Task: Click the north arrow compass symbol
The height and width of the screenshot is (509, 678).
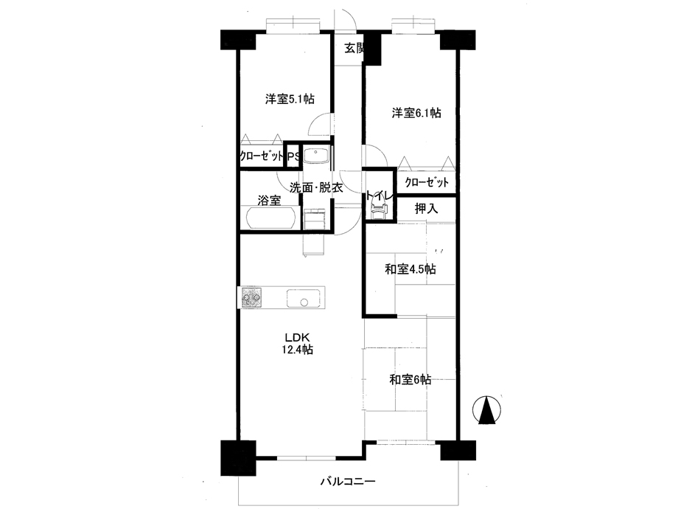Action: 486,410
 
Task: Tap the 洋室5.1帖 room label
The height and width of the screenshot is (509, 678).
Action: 290,99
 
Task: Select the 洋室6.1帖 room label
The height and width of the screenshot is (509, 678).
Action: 416,114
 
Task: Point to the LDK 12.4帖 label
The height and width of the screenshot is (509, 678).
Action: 298,343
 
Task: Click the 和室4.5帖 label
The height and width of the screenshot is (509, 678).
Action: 410,269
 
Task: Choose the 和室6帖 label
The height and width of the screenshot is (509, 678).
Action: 410,380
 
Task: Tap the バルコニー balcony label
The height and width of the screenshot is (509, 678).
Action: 348,481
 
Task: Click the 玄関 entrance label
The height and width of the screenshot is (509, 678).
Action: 354,48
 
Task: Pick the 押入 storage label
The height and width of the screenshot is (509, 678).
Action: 427,209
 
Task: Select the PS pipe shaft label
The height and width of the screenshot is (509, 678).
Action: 293,156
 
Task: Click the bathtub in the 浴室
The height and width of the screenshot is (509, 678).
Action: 272,218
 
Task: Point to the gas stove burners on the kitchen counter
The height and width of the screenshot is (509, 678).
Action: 251,298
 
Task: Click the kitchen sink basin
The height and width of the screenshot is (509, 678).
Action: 303,298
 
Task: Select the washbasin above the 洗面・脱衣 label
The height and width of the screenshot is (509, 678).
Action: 317,154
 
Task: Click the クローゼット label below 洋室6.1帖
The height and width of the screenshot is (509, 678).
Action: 427,182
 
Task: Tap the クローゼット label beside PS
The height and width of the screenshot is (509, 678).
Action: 262,156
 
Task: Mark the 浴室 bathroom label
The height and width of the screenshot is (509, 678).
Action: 270,201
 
